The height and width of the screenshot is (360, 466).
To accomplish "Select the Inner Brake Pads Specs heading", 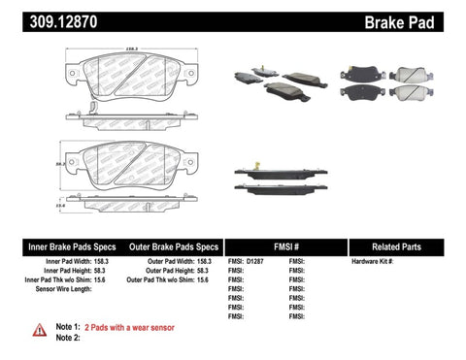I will click(x=58, y=245).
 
